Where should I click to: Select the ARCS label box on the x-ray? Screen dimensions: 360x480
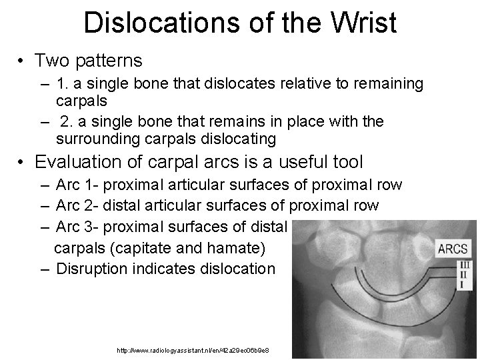453,250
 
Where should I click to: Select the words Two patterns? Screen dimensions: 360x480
89,61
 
